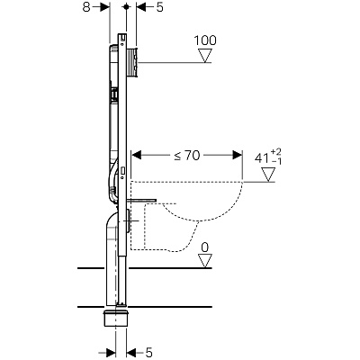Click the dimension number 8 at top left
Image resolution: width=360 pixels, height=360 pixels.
click(86, 7)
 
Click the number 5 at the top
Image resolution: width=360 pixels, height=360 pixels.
click(160, 7)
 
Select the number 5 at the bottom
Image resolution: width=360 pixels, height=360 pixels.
click(149, 352)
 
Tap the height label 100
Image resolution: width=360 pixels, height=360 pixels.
click(205, 40)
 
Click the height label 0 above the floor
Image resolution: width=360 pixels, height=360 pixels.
click(205, 247)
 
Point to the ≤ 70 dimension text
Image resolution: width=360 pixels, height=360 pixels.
click(187, 155)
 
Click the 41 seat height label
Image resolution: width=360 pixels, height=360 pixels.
click(262, 158)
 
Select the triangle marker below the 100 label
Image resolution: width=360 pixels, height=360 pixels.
click(205, 56)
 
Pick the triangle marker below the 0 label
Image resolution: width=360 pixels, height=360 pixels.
click(205, 261)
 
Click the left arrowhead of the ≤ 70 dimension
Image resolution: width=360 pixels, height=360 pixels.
click(137, 155)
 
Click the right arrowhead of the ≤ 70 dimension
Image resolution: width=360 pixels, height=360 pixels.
click(238, 155)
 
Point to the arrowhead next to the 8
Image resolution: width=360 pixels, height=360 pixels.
click(105, 7)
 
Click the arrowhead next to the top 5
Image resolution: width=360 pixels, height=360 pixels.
click(141, 7)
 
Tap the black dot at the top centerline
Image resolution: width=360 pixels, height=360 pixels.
click(127, 6)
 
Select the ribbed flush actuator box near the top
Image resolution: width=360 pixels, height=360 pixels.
click(132, 62)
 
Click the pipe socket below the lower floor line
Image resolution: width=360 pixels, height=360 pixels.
click(115, 319)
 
